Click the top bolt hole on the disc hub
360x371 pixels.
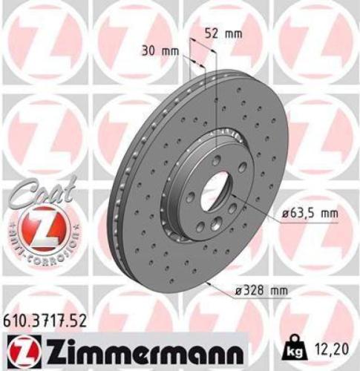(215, 159)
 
